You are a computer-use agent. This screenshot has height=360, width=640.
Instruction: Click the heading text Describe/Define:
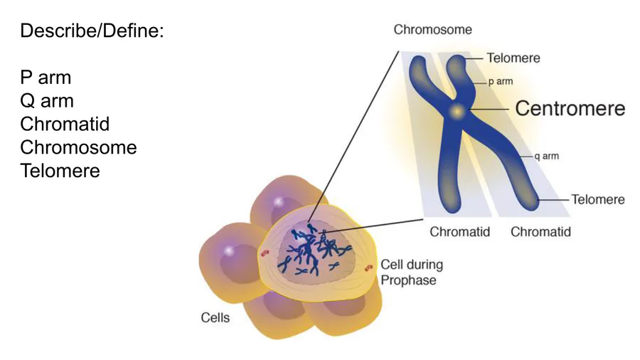click(92, 31)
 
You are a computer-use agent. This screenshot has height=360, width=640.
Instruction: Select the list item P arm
click(46, 78)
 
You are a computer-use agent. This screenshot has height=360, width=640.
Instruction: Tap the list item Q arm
click(47, 101)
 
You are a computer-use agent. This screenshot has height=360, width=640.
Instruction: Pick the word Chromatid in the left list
click(65, 125)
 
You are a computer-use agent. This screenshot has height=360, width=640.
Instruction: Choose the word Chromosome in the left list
click(78, 148)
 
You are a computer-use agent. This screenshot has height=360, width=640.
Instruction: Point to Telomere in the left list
click(60, 171)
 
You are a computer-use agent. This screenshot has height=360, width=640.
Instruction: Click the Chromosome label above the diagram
click(432, 30)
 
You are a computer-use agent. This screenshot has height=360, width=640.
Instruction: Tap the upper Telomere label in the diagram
click(513, 58)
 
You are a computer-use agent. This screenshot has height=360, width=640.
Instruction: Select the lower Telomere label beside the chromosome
click(598, 199)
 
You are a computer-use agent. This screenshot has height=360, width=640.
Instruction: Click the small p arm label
click(500, 82)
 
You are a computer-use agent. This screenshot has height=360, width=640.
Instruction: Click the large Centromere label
click(570, 108)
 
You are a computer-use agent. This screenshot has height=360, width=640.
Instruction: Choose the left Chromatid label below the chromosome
click(459, 232)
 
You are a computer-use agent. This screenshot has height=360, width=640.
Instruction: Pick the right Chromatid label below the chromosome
click(540, 232)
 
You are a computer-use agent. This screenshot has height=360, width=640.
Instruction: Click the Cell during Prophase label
click(412, 272)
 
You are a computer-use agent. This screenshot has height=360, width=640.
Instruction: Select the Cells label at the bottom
click(215, 317)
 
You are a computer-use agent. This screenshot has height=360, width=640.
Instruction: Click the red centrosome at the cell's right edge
click(369, 268)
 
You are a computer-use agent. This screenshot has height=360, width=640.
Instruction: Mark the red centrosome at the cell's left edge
click(265, 253)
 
